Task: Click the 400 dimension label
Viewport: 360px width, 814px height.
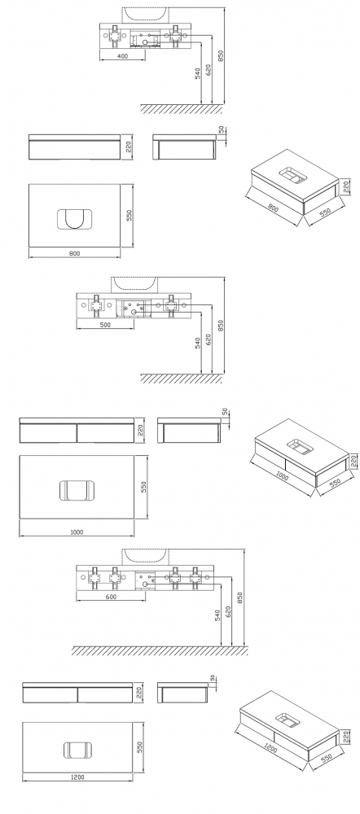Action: click(x=123, y=55)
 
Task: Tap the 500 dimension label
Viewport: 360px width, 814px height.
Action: click(x=105, y=325)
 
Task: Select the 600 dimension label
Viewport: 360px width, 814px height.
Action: click(x=111, y=597)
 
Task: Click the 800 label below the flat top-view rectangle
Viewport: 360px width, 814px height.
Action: click(x=74, y=253)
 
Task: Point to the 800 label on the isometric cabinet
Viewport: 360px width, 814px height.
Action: click(x=274, y=208)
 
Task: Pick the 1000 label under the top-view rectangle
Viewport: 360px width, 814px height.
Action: click(x=77, y=532)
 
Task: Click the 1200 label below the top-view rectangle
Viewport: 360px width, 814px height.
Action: click(x=77, y=777)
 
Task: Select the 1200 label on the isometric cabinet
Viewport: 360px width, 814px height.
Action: click(x=270, y=749)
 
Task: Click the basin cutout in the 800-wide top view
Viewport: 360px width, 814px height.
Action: click(x=75, y=219)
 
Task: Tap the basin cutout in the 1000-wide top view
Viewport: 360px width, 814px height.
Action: click(x=77, y=491)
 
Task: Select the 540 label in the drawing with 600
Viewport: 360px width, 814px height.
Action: click(x=217, y=615)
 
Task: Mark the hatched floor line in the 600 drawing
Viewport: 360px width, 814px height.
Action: click(x=159, y=650)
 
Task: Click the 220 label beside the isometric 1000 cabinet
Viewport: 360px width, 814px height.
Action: click(x=354, y=462)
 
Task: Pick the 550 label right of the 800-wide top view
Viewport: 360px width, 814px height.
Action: click(x=130, y=215)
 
